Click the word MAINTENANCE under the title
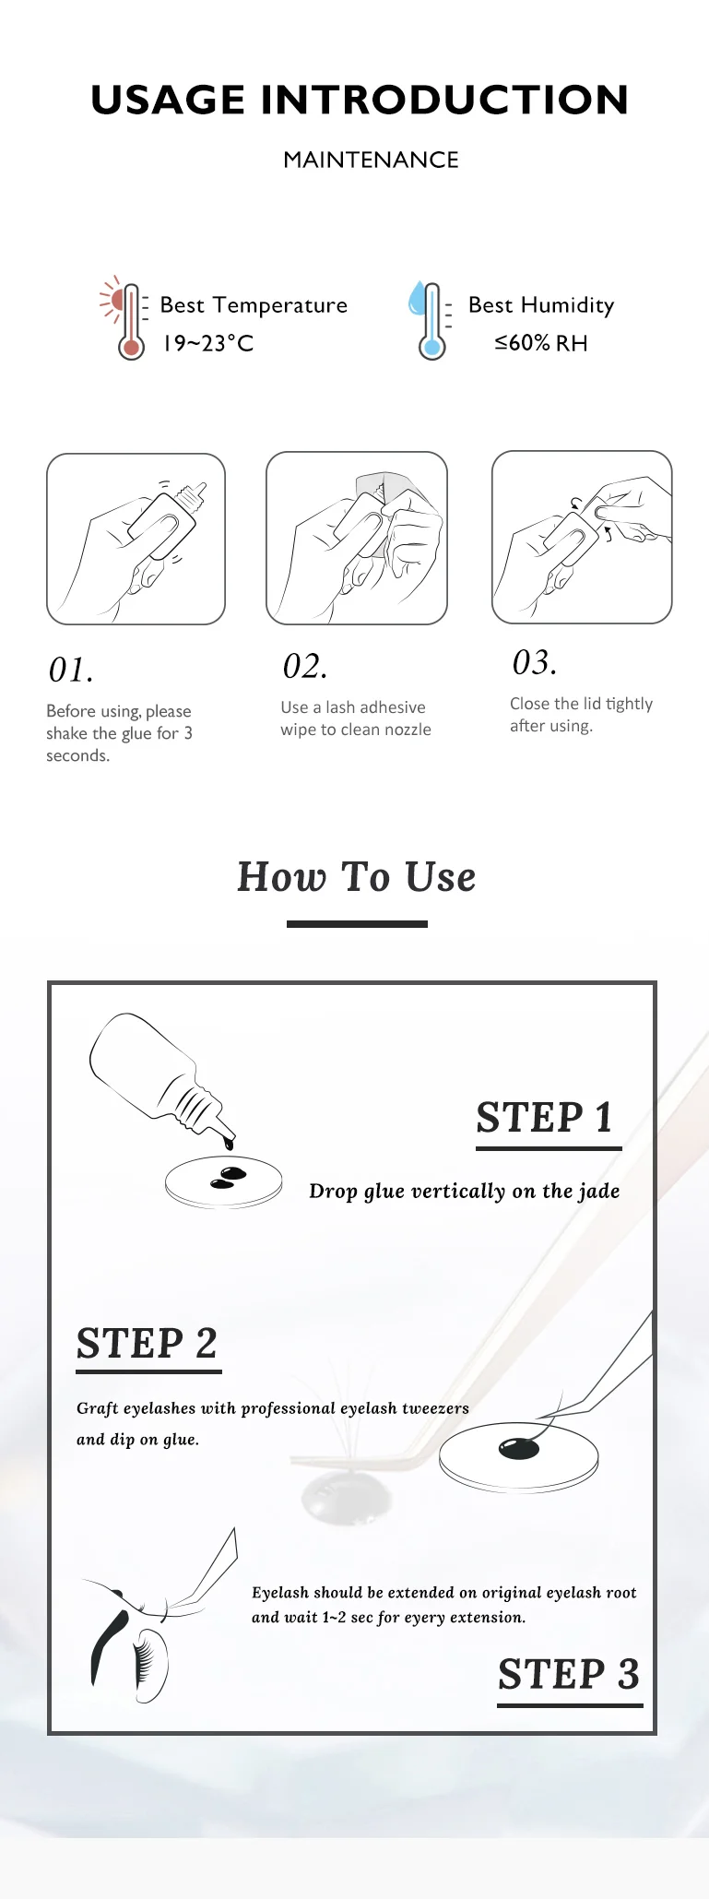371,160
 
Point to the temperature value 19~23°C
208,343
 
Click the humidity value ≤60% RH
541,343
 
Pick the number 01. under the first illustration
71,671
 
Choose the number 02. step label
305,667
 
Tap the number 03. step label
535,662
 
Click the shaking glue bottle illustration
136,539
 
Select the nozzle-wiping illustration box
357,538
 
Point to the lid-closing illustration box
582,537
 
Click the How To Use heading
357,876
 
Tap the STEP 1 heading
545,1117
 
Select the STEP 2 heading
147,1343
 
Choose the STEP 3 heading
569,1673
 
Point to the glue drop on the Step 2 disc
519,1448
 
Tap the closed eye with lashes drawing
129,1637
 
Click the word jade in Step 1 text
599,1192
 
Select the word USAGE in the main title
168,100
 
